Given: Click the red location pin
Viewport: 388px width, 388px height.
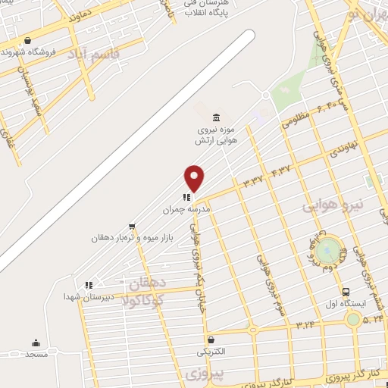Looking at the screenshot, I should coord(194,177).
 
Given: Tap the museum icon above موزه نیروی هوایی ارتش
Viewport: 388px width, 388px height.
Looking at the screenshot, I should coord(217,117).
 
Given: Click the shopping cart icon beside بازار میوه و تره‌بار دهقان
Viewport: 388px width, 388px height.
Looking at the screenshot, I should coord(132,226).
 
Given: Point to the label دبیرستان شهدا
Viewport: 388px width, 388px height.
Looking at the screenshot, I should coord(89,297).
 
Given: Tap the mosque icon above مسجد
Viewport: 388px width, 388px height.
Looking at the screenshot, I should coord(35,343).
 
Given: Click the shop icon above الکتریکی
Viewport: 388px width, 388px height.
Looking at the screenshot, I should coord(210,339).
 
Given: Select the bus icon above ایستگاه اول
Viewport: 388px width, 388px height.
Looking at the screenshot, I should coord(346,292).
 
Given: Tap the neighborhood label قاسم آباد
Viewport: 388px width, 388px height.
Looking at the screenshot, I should coord(89,53).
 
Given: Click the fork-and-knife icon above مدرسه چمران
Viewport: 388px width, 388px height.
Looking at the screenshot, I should coord(186,197).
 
